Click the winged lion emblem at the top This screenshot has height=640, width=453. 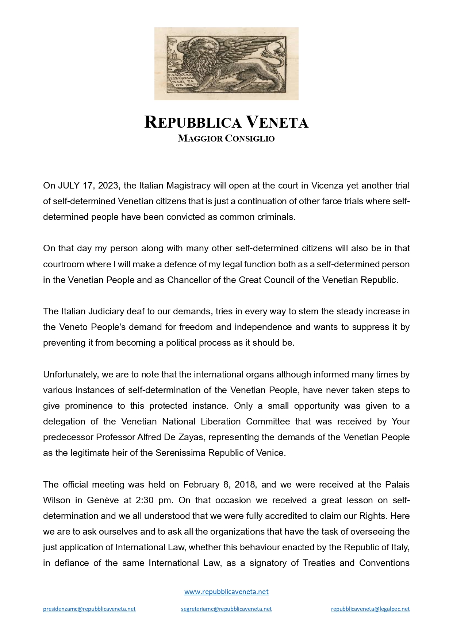[226, 63]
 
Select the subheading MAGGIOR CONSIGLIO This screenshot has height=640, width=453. [226, 139]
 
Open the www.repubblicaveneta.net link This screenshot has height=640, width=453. [226, 592]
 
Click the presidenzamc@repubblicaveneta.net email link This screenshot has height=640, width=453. [89, 609]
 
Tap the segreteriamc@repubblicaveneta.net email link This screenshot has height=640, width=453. [226, 609]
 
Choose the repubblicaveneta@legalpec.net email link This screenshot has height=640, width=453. [370, 609]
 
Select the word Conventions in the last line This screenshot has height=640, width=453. [384, 563]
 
